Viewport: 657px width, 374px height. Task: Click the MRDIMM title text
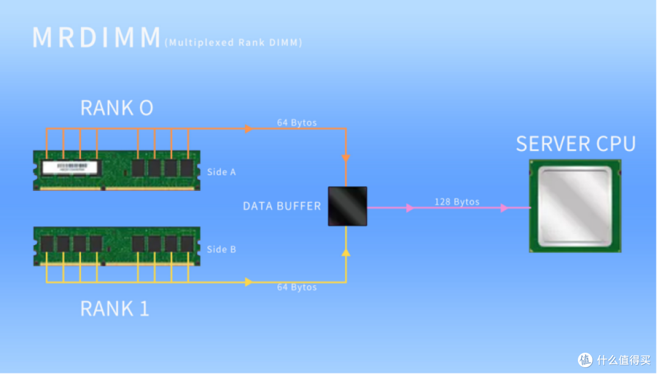pos(96,38)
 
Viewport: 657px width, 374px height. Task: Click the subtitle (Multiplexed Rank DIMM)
pos(233,43)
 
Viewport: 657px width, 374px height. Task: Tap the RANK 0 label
pos(117,108)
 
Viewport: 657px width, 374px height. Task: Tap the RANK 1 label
pos(115,308)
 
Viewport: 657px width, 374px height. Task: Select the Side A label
pos(221,172)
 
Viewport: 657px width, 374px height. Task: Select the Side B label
pos(221,249)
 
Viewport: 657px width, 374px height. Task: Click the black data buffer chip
pos(347,206)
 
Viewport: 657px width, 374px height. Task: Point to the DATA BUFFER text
pos(282,206)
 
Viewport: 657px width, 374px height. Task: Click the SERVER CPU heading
pos(575,144)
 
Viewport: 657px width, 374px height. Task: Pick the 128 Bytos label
pos(457,201)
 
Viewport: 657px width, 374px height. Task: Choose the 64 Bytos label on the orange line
pos(297,122)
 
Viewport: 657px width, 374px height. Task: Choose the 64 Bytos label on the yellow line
pos(297,287)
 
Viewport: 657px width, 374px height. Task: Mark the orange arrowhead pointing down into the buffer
pos(346,158)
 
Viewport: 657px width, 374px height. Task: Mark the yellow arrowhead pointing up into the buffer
pos(346,252)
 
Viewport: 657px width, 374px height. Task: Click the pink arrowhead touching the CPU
pos(504,208)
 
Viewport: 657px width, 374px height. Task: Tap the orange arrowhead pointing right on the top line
pos(248,128)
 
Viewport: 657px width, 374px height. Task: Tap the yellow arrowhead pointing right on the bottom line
pos(248,282)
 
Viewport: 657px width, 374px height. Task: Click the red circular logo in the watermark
pos(585,359)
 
